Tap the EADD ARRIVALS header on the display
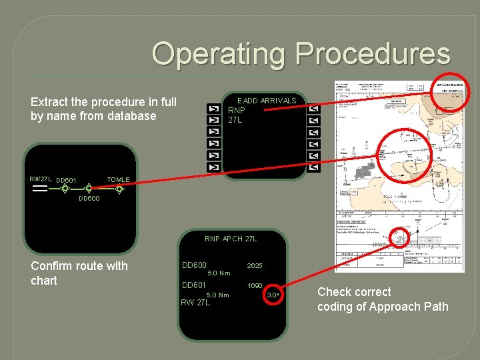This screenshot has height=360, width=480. tap(267, 101)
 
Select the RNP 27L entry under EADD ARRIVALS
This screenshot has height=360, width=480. tap(237, 115)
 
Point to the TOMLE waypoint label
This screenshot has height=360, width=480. tap(118, 179)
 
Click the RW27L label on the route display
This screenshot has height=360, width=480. tap(40, 179)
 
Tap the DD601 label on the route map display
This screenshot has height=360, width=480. tap(66, 180)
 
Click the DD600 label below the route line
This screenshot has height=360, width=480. tap(89, 199)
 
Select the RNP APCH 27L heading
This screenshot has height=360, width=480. tap(231, 239)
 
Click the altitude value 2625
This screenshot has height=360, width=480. tap(255, 265)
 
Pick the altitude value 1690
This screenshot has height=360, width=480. tap(255, 285)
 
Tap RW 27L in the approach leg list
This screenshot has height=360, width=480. tap(195, 302)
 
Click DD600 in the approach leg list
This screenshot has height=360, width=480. tap(194, 265)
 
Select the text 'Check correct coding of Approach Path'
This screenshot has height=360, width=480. tap(383, 299)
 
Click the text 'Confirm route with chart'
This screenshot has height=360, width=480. tap(79, 273)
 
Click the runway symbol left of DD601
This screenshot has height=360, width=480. tap(39, 189)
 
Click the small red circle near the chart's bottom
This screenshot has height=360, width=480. tap(400, 238)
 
